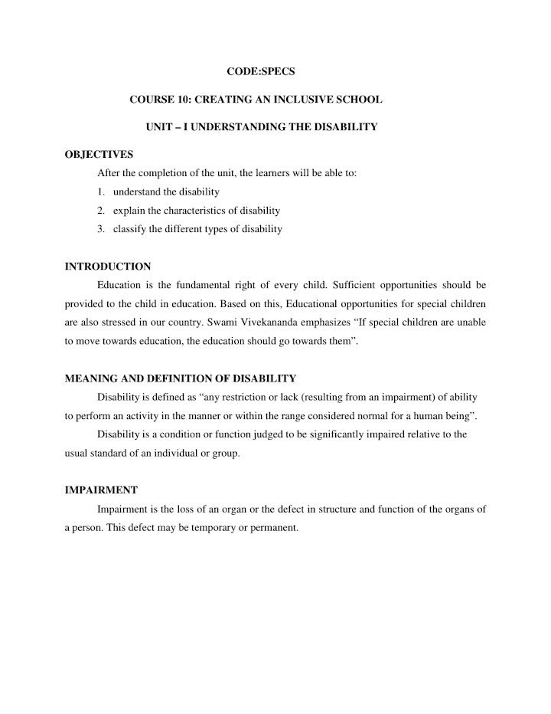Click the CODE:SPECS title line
(261, 71)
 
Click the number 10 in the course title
(177, 100)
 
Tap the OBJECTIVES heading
(99, 155)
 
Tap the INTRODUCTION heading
(108, 267)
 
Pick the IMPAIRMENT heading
(101, 490)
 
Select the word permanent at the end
(271, 528)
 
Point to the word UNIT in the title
(159, 126)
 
